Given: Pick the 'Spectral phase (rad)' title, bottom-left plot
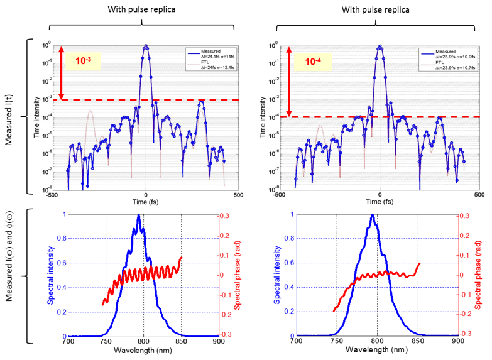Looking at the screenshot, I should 240,276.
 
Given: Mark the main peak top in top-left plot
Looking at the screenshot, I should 146,46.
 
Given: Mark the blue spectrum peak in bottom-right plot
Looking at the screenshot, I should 374,215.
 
